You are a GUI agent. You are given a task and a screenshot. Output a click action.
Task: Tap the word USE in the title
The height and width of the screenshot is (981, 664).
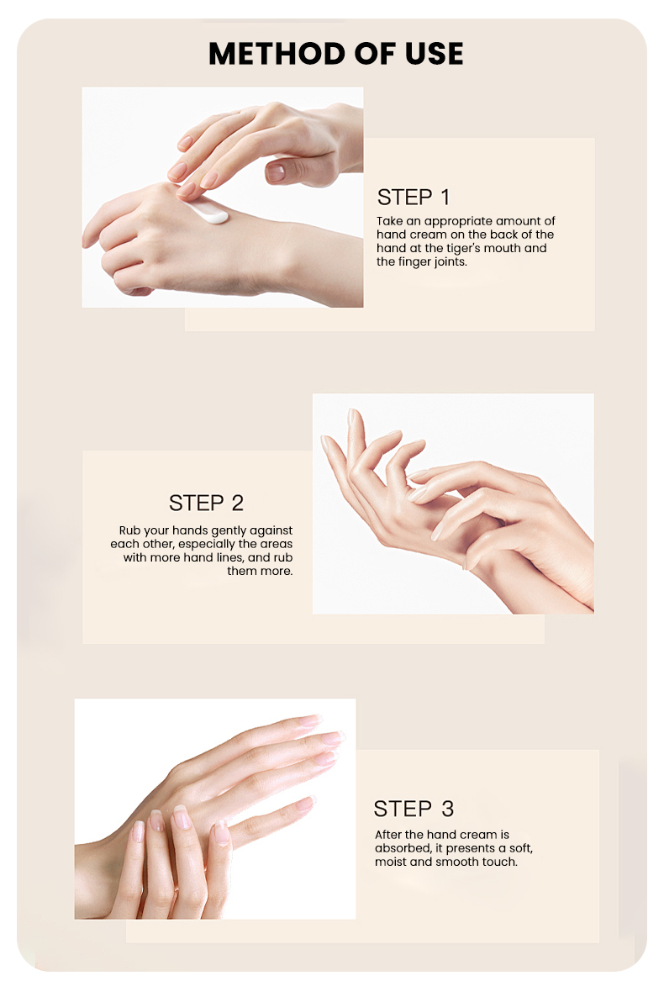(434, 54)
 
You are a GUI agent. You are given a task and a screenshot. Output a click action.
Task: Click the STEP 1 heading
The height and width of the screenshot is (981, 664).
(414, 197)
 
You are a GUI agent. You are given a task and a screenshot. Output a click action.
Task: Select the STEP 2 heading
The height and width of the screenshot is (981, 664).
(206, 503)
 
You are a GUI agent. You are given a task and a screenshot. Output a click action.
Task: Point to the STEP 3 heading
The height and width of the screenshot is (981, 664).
(414, 809)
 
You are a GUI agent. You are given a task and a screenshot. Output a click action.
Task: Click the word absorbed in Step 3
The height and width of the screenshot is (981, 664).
(403, 848)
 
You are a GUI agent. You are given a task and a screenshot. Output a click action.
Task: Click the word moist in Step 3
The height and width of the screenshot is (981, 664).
(391, 862)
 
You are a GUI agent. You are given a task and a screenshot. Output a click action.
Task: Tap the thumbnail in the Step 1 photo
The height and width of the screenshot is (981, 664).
(276, 172)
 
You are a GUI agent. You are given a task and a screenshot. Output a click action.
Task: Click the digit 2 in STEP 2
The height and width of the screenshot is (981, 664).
(237, 503)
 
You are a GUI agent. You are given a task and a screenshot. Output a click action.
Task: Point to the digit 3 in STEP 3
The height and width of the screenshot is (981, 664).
(447, 809)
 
